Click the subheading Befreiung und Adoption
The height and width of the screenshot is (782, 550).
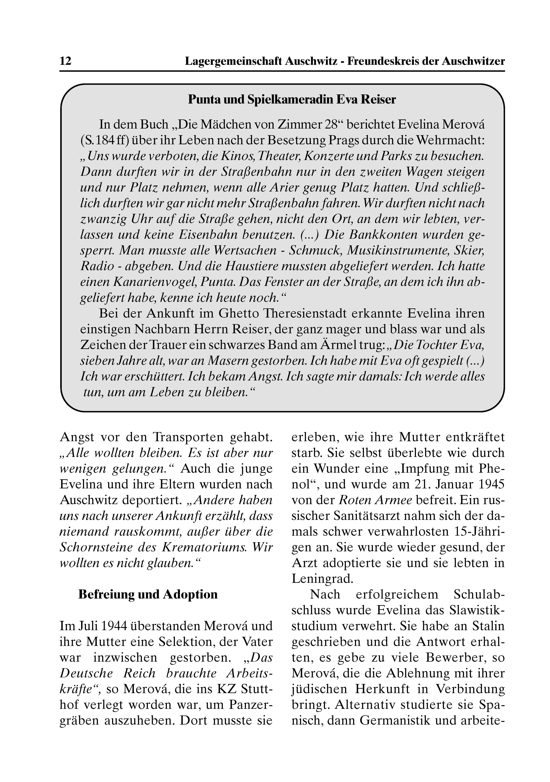tap(148, 594)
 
